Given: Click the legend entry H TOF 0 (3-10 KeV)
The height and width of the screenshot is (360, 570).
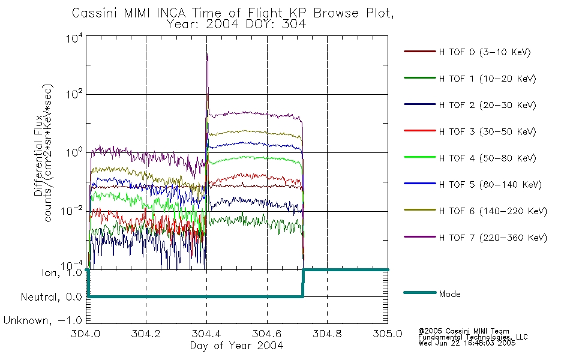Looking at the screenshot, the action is (485, 52).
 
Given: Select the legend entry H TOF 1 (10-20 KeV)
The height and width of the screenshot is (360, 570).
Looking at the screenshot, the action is (487, 79).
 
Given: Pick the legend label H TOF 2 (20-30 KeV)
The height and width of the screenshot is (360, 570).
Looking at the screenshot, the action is (487, 105).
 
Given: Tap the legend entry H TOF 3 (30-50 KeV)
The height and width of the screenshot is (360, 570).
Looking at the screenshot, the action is (487, 131).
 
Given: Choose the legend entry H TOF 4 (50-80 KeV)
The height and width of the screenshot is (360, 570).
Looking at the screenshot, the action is (487, 158).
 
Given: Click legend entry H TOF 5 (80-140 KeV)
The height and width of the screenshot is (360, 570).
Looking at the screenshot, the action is (490, 185).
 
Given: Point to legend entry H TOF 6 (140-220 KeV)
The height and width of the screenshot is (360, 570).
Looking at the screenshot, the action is (493, 211).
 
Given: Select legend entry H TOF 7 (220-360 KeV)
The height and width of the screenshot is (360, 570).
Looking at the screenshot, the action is (493, 238).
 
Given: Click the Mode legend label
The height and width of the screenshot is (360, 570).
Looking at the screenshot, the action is (449, 294).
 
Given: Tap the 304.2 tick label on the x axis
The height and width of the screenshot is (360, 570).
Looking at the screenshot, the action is (146, 334).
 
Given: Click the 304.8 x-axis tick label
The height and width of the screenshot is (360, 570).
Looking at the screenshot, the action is (327, 334).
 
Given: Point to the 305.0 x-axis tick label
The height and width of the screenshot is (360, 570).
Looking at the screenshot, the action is (388, 334).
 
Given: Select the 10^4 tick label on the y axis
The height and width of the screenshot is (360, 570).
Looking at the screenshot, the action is (74, 38).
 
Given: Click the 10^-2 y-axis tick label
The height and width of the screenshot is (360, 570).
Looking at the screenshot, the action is (72, 211).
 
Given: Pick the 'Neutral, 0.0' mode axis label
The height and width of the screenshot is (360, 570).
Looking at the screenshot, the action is (51, 297).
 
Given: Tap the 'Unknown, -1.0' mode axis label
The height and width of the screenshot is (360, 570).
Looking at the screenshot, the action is (43, 320).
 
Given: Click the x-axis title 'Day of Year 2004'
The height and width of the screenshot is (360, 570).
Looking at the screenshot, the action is (236, 346).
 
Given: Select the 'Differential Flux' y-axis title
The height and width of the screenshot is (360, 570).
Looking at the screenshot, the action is (38, 156).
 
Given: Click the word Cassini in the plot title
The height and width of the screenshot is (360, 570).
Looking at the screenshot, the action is (95, 13).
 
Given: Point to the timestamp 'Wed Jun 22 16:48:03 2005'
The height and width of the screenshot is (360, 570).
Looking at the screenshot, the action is (467, 343).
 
